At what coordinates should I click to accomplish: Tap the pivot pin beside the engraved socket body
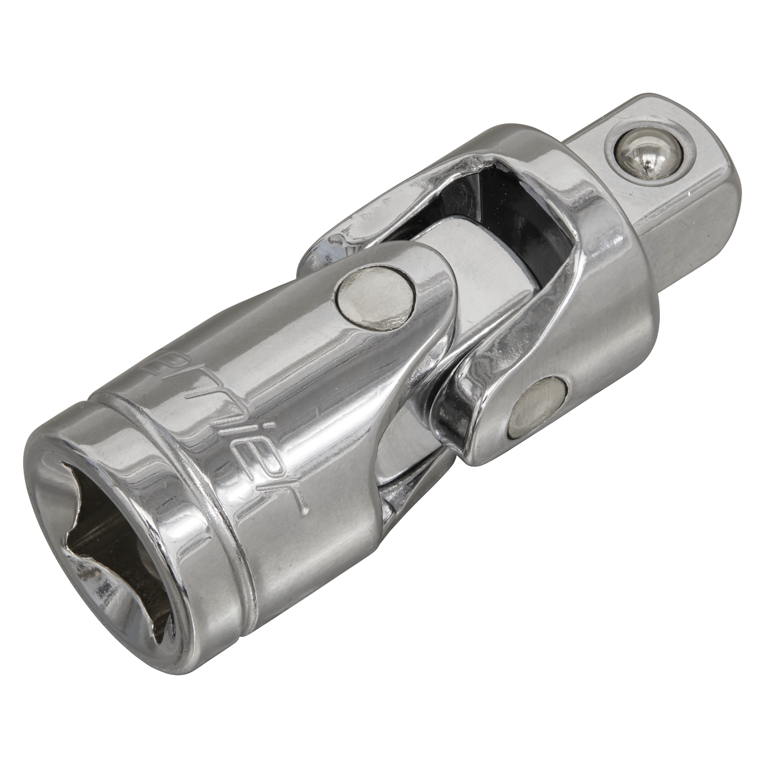click(x=375, y=298)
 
